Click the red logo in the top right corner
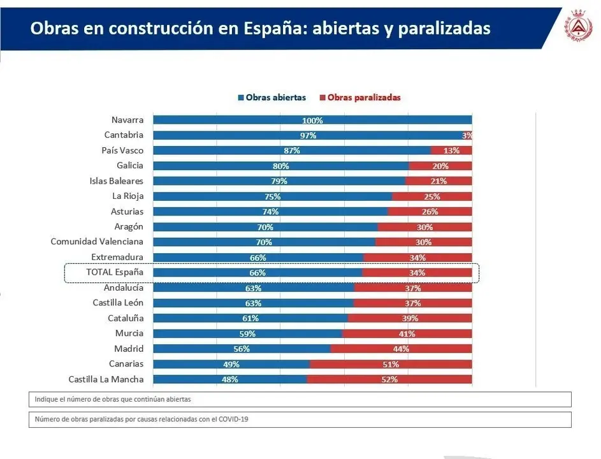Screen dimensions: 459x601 click(x=578, y=29)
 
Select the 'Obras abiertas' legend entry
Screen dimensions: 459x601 click(x=272, y=98)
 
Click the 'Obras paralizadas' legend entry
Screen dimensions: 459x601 click(x=360, y=98)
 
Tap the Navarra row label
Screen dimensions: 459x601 click(x=127, y=120)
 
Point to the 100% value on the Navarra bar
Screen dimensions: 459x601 click(x=312, y=120)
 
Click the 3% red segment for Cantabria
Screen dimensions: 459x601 click(x=468, y=135)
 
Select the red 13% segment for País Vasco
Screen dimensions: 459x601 click(x=451, y=150)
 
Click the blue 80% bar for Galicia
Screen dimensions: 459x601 click(x=280, y=166)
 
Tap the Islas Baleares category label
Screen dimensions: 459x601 click(x=117, y=181)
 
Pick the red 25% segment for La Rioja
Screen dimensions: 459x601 click(x=432, y=196)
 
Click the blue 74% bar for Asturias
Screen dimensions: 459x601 click(x=270, y=212)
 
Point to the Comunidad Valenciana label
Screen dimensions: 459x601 click(x=97, y=242)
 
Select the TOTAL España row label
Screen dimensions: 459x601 click(x=115, y=272)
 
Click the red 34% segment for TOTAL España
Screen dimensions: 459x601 click(x=417, y=272)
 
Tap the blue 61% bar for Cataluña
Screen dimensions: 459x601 click(x=250, y=318)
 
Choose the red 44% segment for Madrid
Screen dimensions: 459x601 click(x=401, y=349)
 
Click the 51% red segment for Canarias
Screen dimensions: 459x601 click(x=391, y=364)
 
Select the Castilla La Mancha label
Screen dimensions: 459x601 click(x=106, y=379)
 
